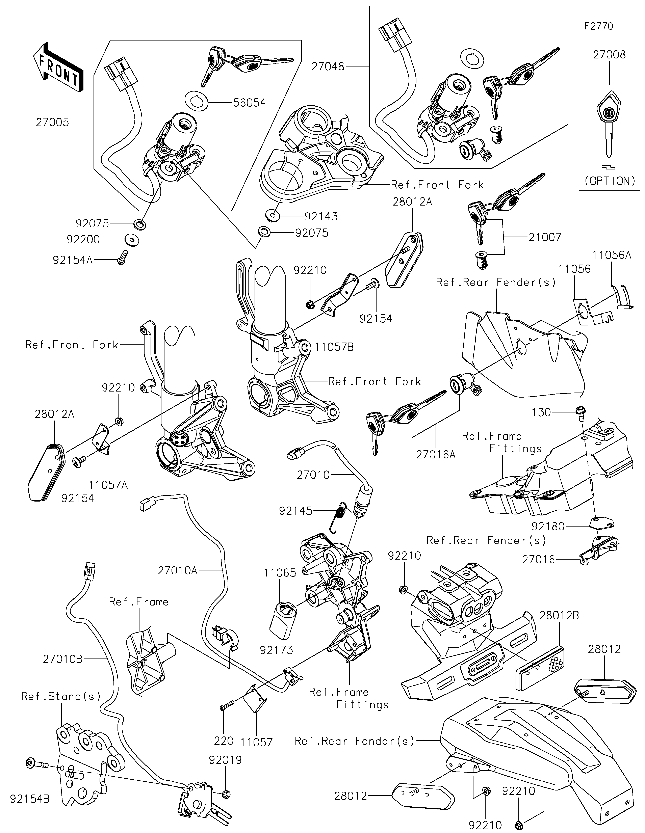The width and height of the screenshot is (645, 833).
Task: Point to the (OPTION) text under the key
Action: pyautogui.click(x=609, y=181)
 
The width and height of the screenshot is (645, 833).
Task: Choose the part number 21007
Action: pyautogui.click(x=545, y=237)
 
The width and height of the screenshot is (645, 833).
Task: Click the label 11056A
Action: pyautogui.click(x=611, y=255)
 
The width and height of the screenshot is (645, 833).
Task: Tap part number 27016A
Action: pyautogui.click(x=436, y=455)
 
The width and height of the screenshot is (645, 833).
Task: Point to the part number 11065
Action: pyautogui.click(x=280, y=573)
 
